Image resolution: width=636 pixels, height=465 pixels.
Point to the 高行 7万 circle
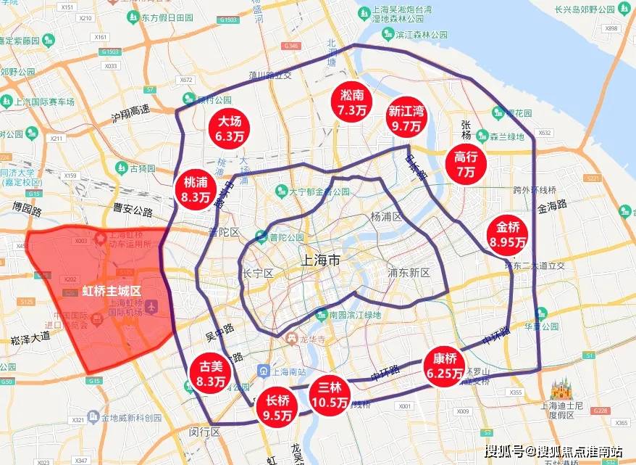[x=465, y=164]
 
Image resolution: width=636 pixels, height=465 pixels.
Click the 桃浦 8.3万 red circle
[x=196, y=189]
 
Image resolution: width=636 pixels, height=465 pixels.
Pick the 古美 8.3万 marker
[x=211, y=372]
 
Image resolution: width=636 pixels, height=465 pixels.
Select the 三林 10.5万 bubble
[x=330, y=397]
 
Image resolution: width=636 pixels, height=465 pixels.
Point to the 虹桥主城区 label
[x=110, y=290]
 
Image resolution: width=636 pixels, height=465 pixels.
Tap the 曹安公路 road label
[x=133, y=212]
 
